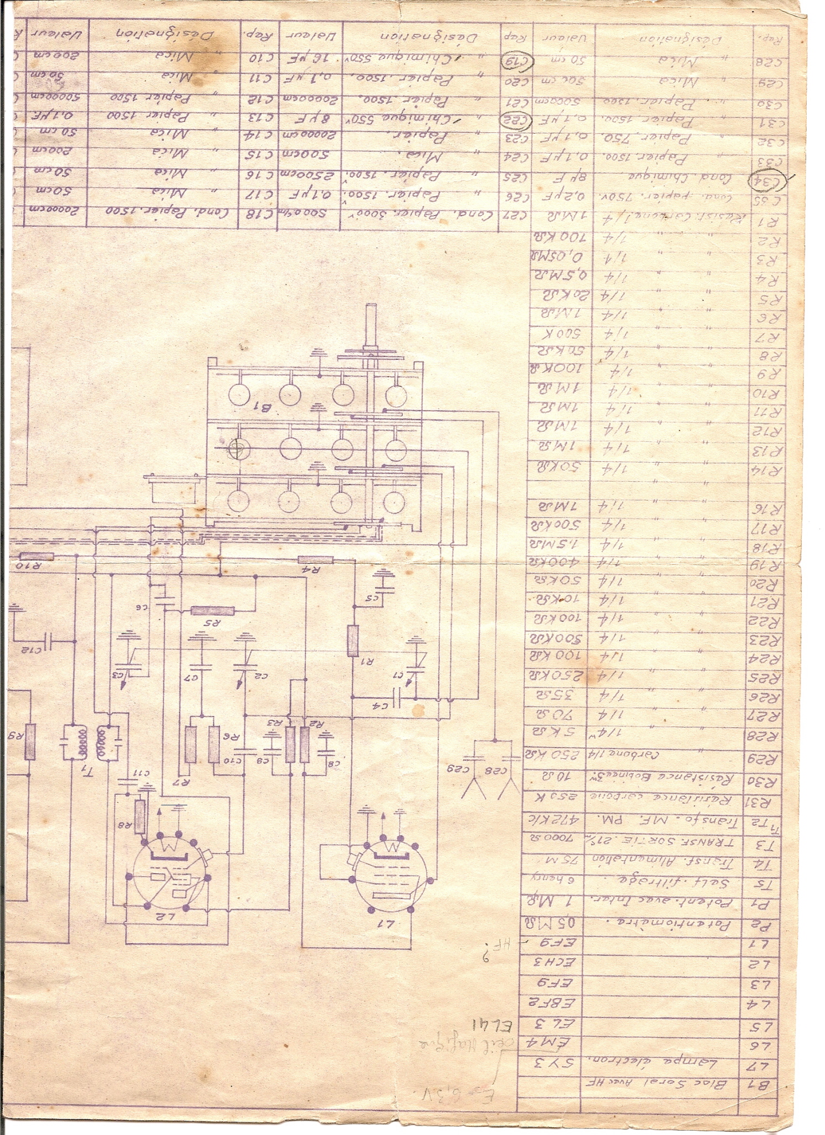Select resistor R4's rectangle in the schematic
coord(315,560)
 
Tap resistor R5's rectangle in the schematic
coord(212,611)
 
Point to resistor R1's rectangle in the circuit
coord(353,640)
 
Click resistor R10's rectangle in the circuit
coord(37,556)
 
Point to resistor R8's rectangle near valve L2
coord(140,817)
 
